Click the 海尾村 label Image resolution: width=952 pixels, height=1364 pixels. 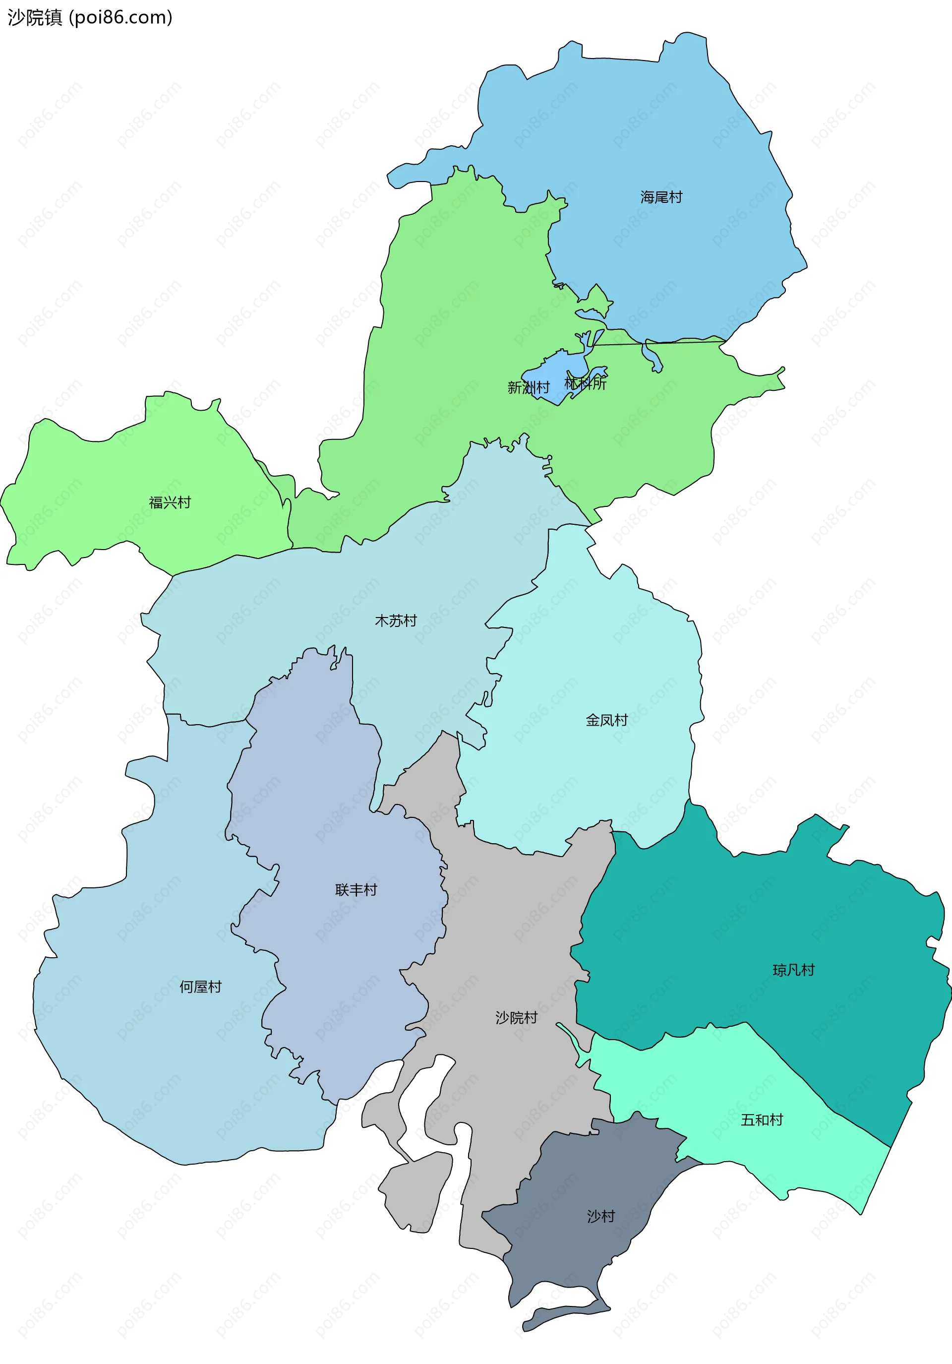[x=661, y=197]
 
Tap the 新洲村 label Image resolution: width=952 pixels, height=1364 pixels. [x=528, y=387]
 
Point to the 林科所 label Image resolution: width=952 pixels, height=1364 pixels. [x=586, y=384]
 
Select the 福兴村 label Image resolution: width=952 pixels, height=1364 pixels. [x=170, y=502]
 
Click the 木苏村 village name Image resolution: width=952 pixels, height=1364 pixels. [x=396, y=621]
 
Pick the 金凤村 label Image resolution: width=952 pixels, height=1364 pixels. [x=606, y=720]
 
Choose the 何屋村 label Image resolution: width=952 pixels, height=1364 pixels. [x=200, y=987]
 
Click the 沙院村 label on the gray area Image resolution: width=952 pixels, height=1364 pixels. [x=516, y=1018]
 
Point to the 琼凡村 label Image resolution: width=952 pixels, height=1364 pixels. [x=793, y=970]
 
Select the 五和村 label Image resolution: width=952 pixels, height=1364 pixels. [x=762, y=1120]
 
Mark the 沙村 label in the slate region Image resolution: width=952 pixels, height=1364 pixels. [x=600, y=1216]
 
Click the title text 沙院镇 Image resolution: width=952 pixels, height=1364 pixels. [x=34, y=18]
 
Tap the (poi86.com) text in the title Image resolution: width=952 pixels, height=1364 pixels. [x=120, y=18]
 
